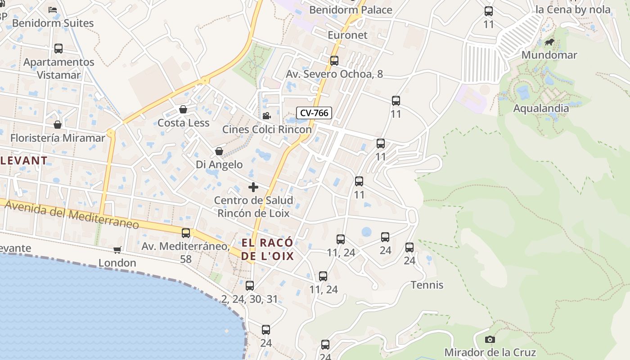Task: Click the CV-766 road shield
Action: coord(314,113)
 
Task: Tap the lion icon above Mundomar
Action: coord(549,42)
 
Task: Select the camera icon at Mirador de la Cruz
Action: coord(490,339)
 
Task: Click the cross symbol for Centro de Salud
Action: coord(253,187)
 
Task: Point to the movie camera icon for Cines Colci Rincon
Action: coord(267,116)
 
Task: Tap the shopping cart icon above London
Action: coord(117,250)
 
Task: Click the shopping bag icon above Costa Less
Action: coord(183,109)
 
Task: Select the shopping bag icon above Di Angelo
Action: coord(219,151)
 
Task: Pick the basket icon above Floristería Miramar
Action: coord(58,125)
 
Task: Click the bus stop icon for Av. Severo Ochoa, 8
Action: coord(334,61)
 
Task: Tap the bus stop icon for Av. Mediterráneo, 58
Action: coord(186,233)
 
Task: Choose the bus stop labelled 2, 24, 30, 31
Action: coord(250,286)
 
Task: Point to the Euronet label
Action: coord(347,35)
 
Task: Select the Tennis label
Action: coord(427,285)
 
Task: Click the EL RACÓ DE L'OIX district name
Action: coord(268,249)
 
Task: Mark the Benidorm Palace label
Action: coord(351,9)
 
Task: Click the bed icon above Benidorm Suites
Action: coord(53,9)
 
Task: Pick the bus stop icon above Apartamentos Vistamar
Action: coord(58,49)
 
